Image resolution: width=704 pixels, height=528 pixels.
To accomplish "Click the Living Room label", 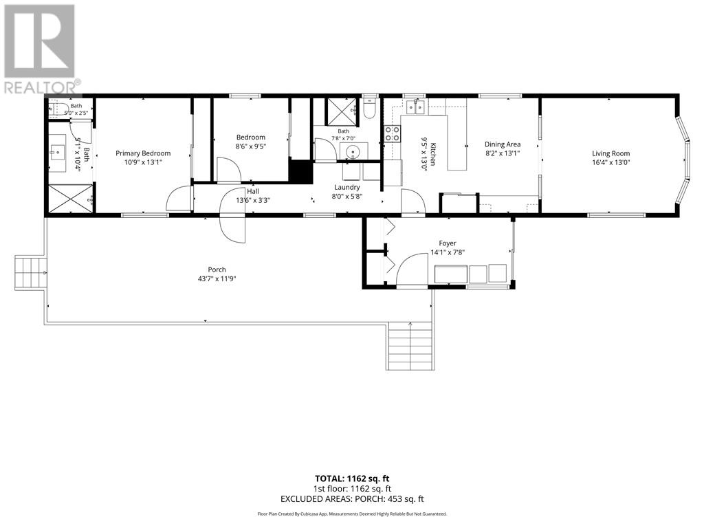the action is click(x=610, y=153).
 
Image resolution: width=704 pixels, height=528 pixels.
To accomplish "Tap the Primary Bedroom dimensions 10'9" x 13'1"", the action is click(x=143, y=162).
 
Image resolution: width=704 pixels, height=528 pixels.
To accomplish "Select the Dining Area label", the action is click(x=503, y=144).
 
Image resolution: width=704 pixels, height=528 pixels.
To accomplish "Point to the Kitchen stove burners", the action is click(x=391, y=134).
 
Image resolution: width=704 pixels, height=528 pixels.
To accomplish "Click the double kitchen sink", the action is click(x=416, y=107).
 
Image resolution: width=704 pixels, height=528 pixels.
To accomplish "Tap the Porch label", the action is click(x=217, y=269).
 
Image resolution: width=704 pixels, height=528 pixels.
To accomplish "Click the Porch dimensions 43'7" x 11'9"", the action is click(x=217, y=278).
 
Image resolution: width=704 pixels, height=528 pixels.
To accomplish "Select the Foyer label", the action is click(x=448, y=243).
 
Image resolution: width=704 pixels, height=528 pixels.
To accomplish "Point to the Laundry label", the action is click(x=347, y=187).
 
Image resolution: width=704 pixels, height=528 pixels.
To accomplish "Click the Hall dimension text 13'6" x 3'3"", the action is click(x=253, y=200).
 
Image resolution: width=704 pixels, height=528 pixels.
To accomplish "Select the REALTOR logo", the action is click(x=41, y=49).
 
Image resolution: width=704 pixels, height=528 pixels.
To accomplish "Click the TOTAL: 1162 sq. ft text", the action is click(x=351, y=478).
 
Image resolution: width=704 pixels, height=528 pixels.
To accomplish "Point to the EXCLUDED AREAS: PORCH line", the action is click(x=351, y=499).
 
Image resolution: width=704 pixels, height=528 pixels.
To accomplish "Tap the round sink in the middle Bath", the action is click(x=353, y=151).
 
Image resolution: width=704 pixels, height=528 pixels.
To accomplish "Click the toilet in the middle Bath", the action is click(x=369, y=108).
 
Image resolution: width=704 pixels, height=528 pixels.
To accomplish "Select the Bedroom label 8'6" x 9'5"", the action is click(x=250, y=142).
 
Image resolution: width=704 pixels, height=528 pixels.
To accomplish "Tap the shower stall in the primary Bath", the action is click(x=71, y=198).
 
